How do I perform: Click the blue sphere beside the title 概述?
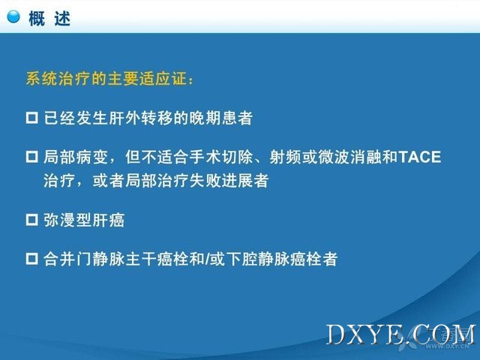pos(13,16)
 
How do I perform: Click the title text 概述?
pos(49,19)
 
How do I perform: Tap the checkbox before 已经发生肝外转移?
pos(31,118)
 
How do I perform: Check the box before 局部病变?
pos(31,157)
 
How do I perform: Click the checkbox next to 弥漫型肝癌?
pos(31,220)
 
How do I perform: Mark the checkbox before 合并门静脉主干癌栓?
pos(31,259)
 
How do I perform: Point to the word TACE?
pos(420,157)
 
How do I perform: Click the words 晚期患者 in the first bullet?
pos(220,118)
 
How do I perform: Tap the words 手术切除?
pos(221,157)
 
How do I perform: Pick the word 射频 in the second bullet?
pos(285,157)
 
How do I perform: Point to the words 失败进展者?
pos(229,181)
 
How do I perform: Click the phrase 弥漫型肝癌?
pos(84,220)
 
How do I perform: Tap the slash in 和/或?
pos(208,259)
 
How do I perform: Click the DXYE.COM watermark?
pos(401,334)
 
